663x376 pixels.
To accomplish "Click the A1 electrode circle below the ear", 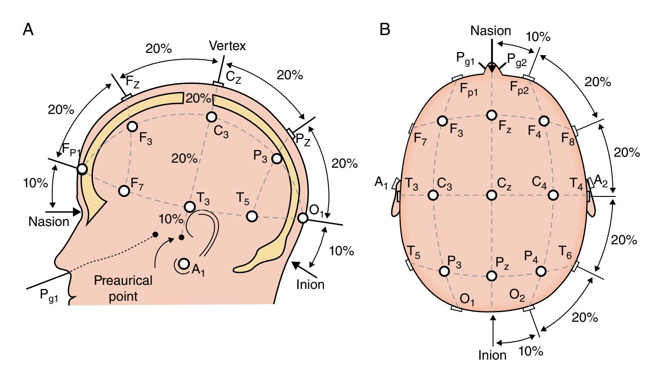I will tap(184, 264).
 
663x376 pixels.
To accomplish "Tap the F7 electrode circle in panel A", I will tap(123, 191).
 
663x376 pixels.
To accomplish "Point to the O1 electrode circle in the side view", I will tap(303, 218).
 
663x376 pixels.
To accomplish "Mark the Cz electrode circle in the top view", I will tap(491, 195).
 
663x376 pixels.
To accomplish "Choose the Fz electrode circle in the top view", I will tap(491, 115).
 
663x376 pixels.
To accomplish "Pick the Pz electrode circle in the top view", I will tap(491, 276).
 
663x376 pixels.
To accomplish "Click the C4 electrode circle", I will tap(553, 195).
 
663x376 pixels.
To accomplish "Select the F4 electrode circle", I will tap(544, 121).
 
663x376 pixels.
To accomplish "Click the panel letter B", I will tap(385, 30).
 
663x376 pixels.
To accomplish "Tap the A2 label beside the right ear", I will tap(600, 180).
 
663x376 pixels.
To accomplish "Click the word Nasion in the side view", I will tap(48, 222).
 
